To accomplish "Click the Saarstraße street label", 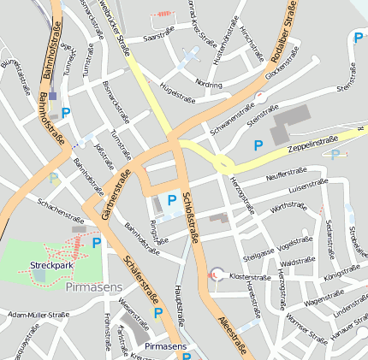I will click(x=158, y=37).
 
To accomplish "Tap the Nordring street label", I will click(x=209, y=85).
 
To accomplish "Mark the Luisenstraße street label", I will click(x=309, y=186).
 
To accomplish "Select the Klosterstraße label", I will click(x=251, y=278).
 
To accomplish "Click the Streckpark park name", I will click(x=50, y=265).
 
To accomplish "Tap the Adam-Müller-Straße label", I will click(x=38, y=315).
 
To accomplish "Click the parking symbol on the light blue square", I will click(x=171, y=200).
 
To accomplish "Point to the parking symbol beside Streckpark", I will click(x=96, y=243).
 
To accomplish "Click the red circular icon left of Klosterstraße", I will click(x=215, y=274).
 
